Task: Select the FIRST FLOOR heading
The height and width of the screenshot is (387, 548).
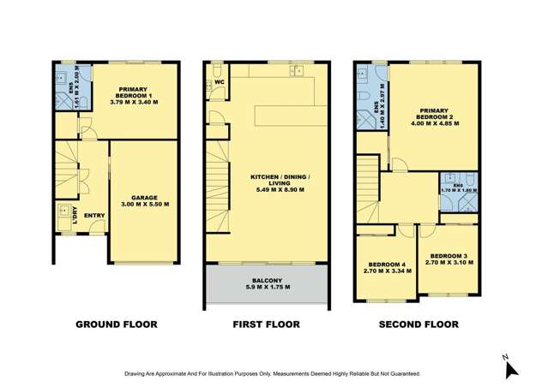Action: pos(265,324)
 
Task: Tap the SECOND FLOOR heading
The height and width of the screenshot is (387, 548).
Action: pos(417,324)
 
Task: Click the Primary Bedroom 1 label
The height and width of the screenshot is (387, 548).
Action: pos(134,95)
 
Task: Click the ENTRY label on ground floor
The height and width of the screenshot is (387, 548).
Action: pos(93,215)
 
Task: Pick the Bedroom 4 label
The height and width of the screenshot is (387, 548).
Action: pos(384,267)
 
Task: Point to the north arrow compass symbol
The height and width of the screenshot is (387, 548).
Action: pos(509,366)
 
